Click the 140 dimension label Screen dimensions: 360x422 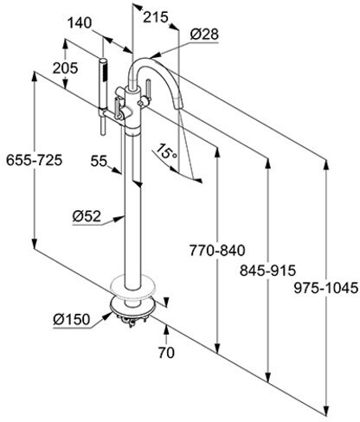[80, 22]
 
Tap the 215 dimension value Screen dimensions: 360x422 [156, 17]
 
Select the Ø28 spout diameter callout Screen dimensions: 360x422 [204, 35]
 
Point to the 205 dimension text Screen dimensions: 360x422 [65, 68]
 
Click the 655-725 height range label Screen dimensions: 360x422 [35, 160]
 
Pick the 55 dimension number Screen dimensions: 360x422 [99, 161]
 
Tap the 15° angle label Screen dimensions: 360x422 [166, 151]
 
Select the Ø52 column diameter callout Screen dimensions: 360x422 [87, 216]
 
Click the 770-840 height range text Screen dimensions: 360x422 [217, 250]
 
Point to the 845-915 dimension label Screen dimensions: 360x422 [268, 271]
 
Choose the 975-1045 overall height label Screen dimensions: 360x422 [326, 288]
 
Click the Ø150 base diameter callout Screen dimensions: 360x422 [72, 319]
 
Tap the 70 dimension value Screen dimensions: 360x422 [166, 352]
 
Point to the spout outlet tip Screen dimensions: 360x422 [178, 105]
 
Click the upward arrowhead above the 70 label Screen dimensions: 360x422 [166, 329]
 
